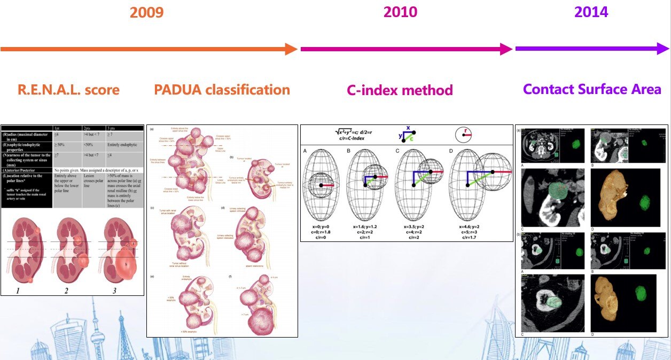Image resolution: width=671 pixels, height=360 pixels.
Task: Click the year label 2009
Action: (x=146, y=12)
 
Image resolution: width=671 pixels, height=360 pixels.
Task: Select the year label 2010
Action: (x=401, y=12)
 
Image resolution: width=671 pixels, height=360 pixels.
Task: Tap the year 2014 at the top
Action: (x=591, y=12)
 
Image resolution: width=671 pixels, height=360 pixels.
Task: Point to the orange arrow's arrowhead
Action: (x=291, y=49)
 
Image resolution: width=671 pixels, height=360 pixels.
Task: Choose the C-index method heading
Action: (x=400, y=90)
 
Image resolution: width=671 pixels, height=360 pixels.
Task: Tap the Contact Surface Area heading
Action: (x=592, y=89)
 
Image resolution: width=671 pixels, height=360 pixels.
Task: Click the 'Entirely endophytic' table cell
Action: (x=123, y=144)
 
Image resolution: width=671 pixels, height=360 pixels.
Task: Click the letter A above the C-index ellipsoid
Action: (x=305, y=151)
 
